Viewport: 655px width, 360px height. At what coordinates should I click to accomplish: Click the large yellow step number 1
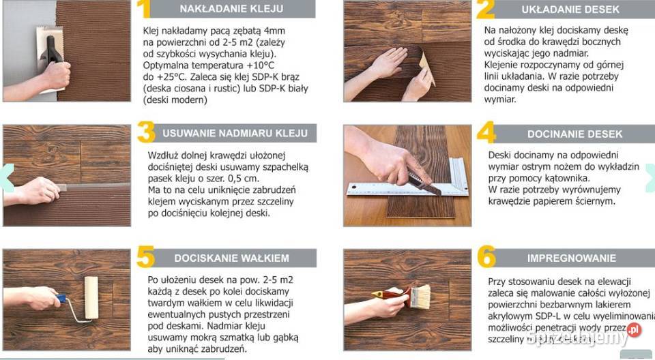tap(143, 9)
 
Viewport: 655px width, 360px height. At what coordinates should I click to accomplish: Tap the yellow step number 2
tap(486, 9)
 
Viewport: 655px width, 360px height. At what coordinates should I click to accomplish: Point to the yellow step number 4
tap(486, 133)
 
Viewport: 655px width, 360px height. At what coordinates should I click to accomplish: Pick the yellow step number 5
tap(145, 258)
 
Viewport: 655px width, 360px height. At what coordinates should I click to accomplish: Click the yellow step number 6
tap(486, 258)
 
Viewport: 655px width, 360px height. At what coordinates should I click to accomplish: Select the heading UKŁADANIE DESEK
tap(571, 10)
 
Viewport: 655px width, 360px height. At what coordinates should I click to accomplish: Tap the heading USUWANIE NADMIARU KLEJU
tap(235, 133)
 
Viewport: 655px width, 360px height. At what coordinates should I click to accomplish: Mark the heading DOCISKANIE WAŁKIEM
tap(232, 258)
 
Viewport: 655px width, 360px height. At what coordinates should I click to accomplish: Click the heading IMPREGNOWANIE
tap(571, 258)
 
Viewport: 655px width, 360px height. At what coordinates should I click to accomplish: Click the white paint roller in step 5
tap(91, 297)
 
